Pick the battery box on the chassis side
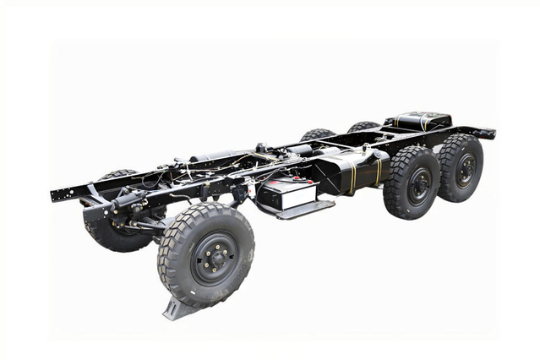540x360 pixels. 286,194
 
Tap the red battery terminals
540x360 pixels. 275,179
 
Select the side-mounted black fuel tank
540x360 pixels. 351,172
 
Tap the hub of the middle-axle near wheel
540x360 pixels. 420,185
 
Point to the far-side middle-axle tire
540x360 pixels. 317,134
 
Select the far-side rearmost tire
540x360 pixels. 363,127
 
